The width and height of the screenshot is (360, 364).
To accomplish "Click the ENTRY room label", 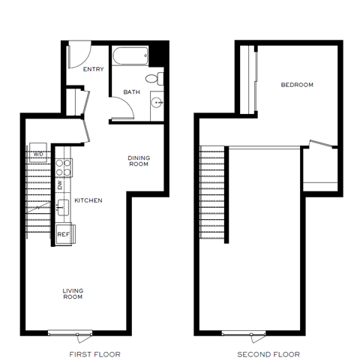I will click(x=93, y=70).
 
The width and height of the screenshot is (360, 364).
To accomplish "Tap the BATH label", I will click(x=131, y=92).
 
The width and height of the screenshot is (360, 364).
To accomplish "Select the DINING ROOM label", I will click(x=138, y=161).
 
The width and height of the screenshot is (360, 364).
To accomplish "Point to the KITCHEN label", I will click(x=88, y=200).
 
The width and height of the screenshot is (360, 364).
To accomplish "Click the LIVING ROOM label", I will click(x=73, y=293).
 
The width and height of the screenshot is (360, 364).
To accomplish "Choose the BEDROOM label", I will click(x=296, y=85).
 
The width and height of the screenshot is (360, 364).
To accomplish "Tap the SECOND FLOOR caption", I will click(x=268, y=353).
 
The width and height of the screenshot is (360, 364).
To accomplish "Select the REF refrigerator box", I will click(x=64, y=233).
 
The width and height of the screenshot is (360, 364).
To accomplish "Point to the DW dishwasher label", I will click(x=60, y=183).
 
